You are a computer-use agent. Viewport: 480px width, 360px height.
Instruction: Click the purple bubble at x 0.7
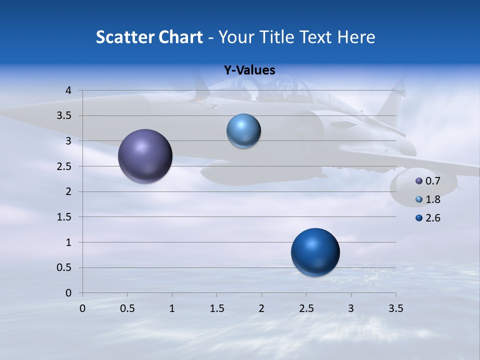pos(145,156)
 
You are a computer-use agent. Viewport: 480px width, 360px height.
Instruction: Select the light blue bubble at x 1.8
pos(243,131)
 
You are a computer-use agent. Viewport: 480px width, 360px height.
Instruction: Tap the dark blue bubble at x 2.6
pos(315,252)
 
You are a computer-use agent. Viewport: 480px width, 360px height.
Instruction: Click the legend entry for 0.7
pos(428,181)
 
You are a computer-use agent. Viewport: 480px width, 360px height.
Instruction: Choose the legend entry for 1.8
pos(428,199)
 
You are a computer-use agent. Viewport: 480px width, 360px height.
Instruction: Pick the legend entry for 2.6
pos(428,218)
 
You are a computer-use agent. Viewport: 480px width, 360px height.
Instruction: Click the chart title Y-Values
pos(249,70)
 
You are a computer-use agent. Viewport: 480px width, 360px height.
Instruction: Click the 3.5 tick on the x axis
pos(395,309)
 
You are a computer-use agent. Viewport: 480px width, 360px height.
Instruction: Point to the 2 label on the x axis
pos(261,309)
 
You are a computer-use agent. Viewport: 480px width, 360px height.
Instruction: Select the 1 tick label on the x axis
pos(172,309)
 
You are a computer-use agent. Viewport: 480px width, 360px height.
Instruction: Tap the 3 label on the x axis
pos(351,309)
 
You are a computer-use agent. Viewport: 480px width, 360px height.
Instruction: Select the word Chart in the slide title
pos(179,37)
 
